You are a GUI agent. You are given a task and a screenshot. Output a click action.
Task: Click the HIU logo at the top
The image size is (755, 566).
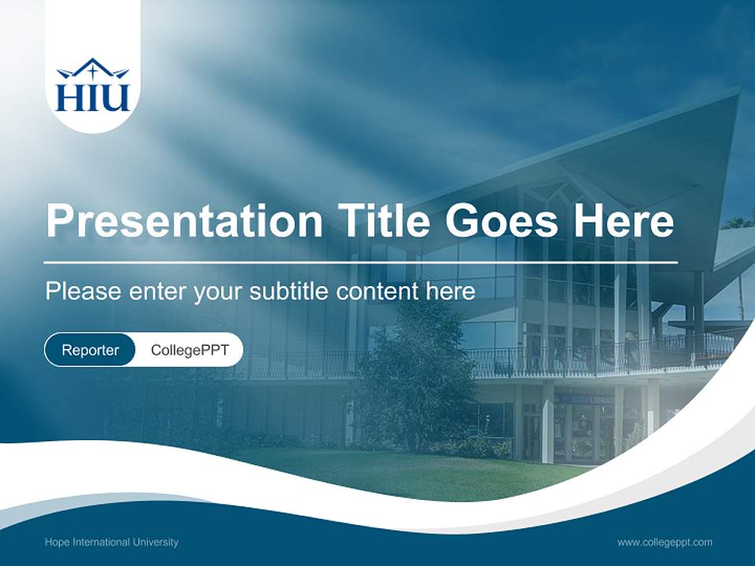tap(93, 85)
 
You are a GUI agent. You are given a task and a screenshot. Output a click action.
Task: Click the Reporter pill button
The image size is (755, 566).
tap(90, 350)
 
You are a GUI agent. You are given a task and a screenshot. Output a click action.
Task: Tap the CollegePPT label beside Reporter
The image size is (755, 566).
tap(190, 350)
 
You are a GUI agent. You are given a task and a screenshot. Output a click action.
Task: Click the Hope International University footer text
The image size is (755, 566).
tap(112, 542)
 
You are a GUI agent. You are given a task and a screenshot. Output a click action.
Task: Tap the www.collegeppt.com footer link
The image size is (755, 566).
tap(665, 542)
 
